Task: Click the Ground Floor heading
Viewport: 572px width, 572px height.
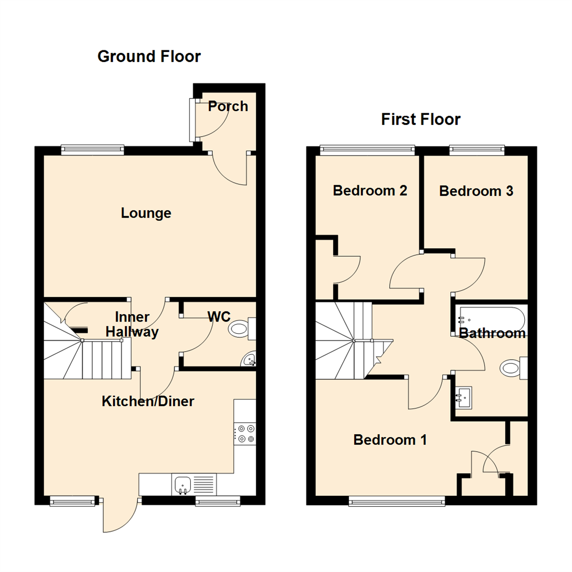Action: point(149,56)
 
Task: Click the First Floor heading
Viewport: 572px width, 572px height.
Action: point(421,119)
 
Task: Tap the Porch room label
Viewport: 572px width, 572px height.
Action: point(228,106)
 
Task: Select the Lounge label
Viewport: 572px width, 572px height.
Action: point(146,213)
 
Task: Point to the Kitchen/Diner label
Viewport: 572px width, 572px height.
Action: point(148,401)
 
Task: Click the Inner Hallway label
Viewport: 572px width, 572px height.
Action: point(132,325)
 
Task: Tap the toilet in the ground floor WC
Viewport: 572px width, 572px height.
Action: point(242,329)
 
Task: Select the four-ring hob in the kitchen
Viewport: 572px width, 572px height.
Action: point(245,434)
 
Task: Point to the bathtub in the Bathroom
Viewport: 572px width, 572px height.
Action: point(492,319)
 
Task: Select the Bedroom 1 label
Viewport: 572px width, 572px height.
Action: point(390,440)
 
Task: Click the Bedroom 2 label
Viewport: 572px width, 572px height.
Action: point(370,191)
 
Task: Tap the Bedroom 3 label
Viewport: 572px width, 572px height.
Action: point(476,191)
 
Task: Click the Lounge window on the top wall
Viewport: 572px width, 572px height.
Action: point(92,150)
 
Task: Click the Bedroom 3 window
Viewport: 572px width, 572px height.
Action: point(476,150)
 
